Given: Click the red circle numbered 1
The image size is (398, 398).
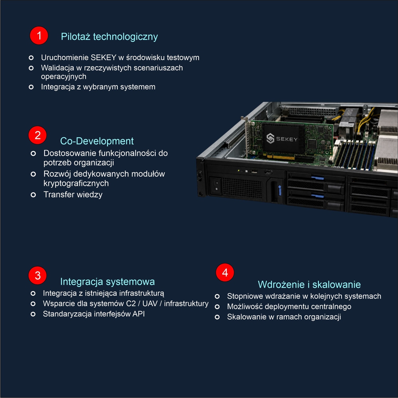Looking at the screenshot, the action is (x=39, y=35).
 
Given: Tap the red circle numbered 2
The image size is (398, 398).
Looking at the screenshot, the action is (x=37, y=135).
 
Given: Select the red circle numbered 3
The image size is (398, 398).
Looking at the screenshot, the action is (x=37, y=275).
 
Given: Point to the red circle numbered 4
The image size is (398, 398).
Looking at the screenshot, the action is (x=225, y=273).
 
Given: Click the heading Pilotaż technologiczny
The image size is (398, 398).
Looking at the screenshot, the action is (x=109, y=37).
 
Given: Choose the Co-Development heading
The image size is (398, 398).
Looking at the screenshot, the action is (x=97, y=141).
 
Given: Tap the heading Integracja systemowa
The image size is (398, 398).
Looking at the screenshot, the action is (x=107, y=282).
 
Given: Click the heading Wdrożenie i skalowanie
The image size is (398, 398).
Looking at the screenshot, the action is (x=309, y=285).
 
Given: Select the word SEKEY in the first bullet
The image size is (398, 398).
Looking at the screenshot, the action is (x=103, y=58).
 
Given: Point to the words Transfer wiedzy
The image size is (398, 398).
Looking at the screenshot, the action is (x=73, y=195).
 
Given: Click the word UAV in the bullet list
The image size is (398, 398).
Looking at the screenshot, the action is (x=150, y=304).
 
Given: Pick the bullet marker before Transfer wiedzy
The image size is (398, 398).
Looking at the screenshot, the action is (x=33, y=195).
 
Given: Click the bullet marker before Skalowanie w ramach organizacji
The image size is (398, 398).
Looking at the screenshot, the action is (x=217, y=317).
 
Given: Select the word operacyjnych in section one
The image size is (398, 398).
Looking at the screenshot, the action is (x=64, y=76).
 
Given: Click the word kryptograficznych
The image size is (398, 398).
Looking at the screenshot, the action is (x=76, y=183).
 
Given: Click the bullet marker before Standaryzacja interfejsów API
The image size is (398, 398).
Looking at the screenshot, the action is (x=33, y=314).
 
